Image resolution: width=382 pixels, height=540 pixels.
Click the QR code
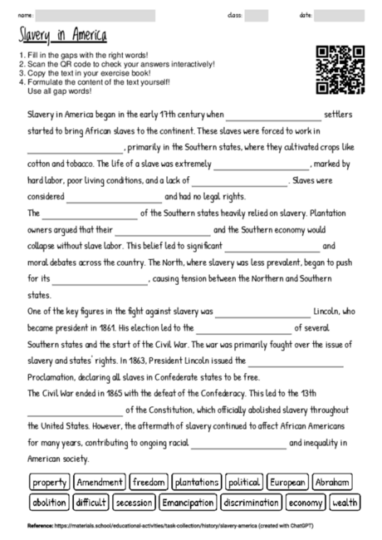[340, 70]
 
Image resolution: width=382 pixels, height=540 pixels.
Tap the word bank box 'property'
[50, 482]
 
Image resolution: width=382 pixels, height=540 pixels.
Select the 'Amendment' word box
[100, 482]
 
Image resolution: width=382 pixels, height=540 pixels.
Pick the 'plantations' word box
[198, 482]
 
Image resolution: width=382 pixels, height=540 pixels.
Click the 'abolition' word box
[49, 503]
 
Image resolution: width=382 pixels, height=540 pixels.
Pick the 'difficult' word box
[91, 503]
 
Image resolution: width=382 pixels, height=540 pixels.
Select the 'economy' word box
[306, 503]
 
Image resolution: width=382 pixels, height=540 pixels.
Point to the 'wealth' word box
[345, 503]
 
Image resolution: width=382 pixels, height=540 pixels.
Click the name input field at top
[95, 15]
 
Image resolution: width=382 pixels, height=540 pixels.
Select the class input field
[256, 15]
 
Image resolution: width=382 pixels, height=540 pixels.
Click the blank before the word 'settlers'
[272, 114]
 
